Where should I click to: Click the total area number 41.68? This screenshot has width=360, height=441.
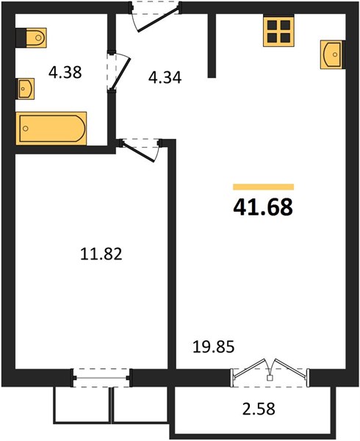tap(263, 207)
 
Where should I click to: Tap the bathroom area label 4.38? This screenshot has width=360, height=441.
tap(65, 72)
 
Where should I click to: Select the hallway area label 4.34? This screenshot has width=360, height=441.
tap(165, 77)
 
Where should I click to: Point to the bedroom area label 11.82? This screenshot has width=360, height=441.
tap(101, 254)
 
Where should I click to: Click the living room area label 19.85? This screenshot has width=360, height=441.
tap(214, 347)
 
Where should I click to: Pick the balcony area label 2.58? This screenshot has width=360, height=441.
tap(259, 409)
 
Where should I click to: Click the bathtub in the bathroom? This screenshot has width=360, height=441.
tap(51, 129)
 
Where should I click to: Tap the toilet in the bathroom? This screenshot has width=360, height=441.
tap(31, 37)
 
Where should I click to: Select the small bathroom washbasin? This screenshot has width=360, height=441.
tap(25, 89)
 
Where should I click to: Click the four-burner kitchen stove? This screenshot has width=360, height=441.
tap(278, 31)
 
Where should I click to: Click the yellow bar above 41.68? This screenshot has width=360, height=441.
tap(263, 187)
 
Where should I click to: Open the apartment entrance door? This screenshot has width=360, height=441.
tap(155, 18)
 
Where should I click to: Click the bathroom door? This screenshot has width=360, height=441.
tap(118, 71)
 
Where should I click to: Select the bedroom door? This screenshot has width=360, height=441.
tap(140, 150)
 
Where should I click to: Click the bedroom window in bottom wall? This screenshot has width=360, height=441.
tap(101, 378)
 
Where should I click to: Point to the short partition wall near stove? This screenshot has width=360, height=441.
tap(212, 46)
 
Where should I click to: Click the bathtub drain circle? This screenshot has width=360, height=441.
tap(26, 129)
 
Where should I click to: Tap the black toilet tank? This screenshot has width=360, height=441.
tap(21, 37)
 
